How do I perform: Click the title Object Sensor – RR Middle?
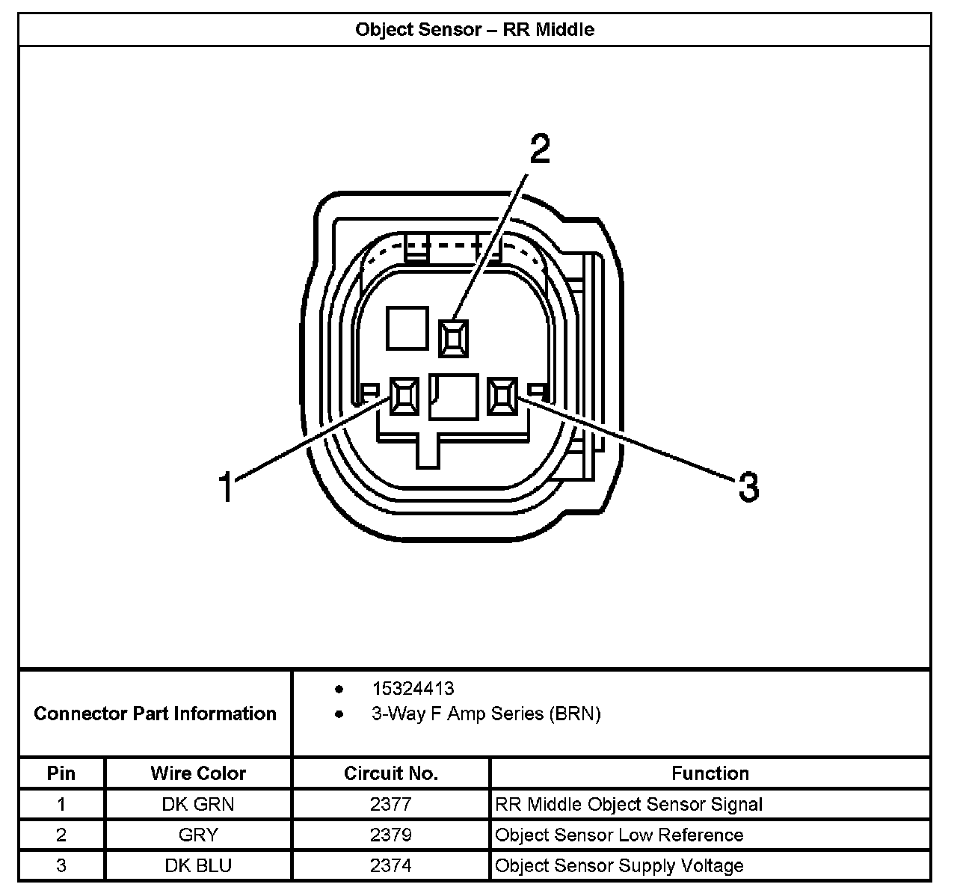[x=475, y=29]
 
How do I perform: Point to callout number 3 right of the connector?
[x=748, y=487]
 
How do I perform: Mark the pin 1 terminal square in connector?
[x=404, y=396]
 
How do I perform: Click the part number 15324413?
[x=413, y=688]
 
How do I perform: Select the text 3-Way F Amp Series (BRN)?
[x=486, y=714]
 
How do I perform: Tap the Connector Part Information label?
[x=155, y=714]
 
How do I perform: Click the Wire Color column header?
[x=198, y=773]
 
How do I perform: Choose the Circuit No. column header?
[x=390, y=773]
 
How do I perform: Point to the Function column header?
[x=710, y=773]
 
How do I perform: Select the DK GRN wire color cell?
[x=198, y=805]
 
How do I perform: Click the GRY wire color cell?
[x=198, y=835]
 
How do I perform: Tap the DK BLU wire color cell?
[x=198, y=866]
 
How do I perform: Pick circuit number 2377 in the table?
[x=390, y=805]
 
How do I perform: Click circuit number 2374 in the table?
[x=390, y=866]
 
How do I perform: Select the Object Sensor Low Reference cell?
[x=619, y=835]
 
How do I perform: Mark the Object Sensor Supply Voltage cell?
[x=619, y=866]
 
